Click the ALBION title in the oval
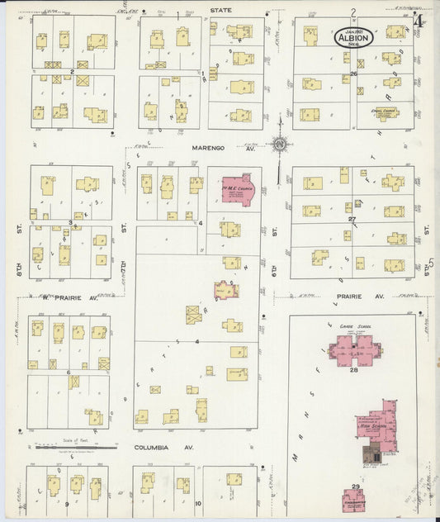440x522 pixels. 354,37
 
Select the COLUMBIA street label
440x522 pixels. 153,447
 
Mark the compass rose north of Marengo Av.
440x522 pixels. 280,145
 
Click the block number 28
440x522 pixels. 354,369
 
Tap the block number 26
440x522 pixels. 352,74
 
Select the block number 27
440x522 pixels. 351,219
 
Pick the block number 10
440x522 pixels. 198,502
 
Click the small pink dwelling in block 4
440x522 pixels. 225,290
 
